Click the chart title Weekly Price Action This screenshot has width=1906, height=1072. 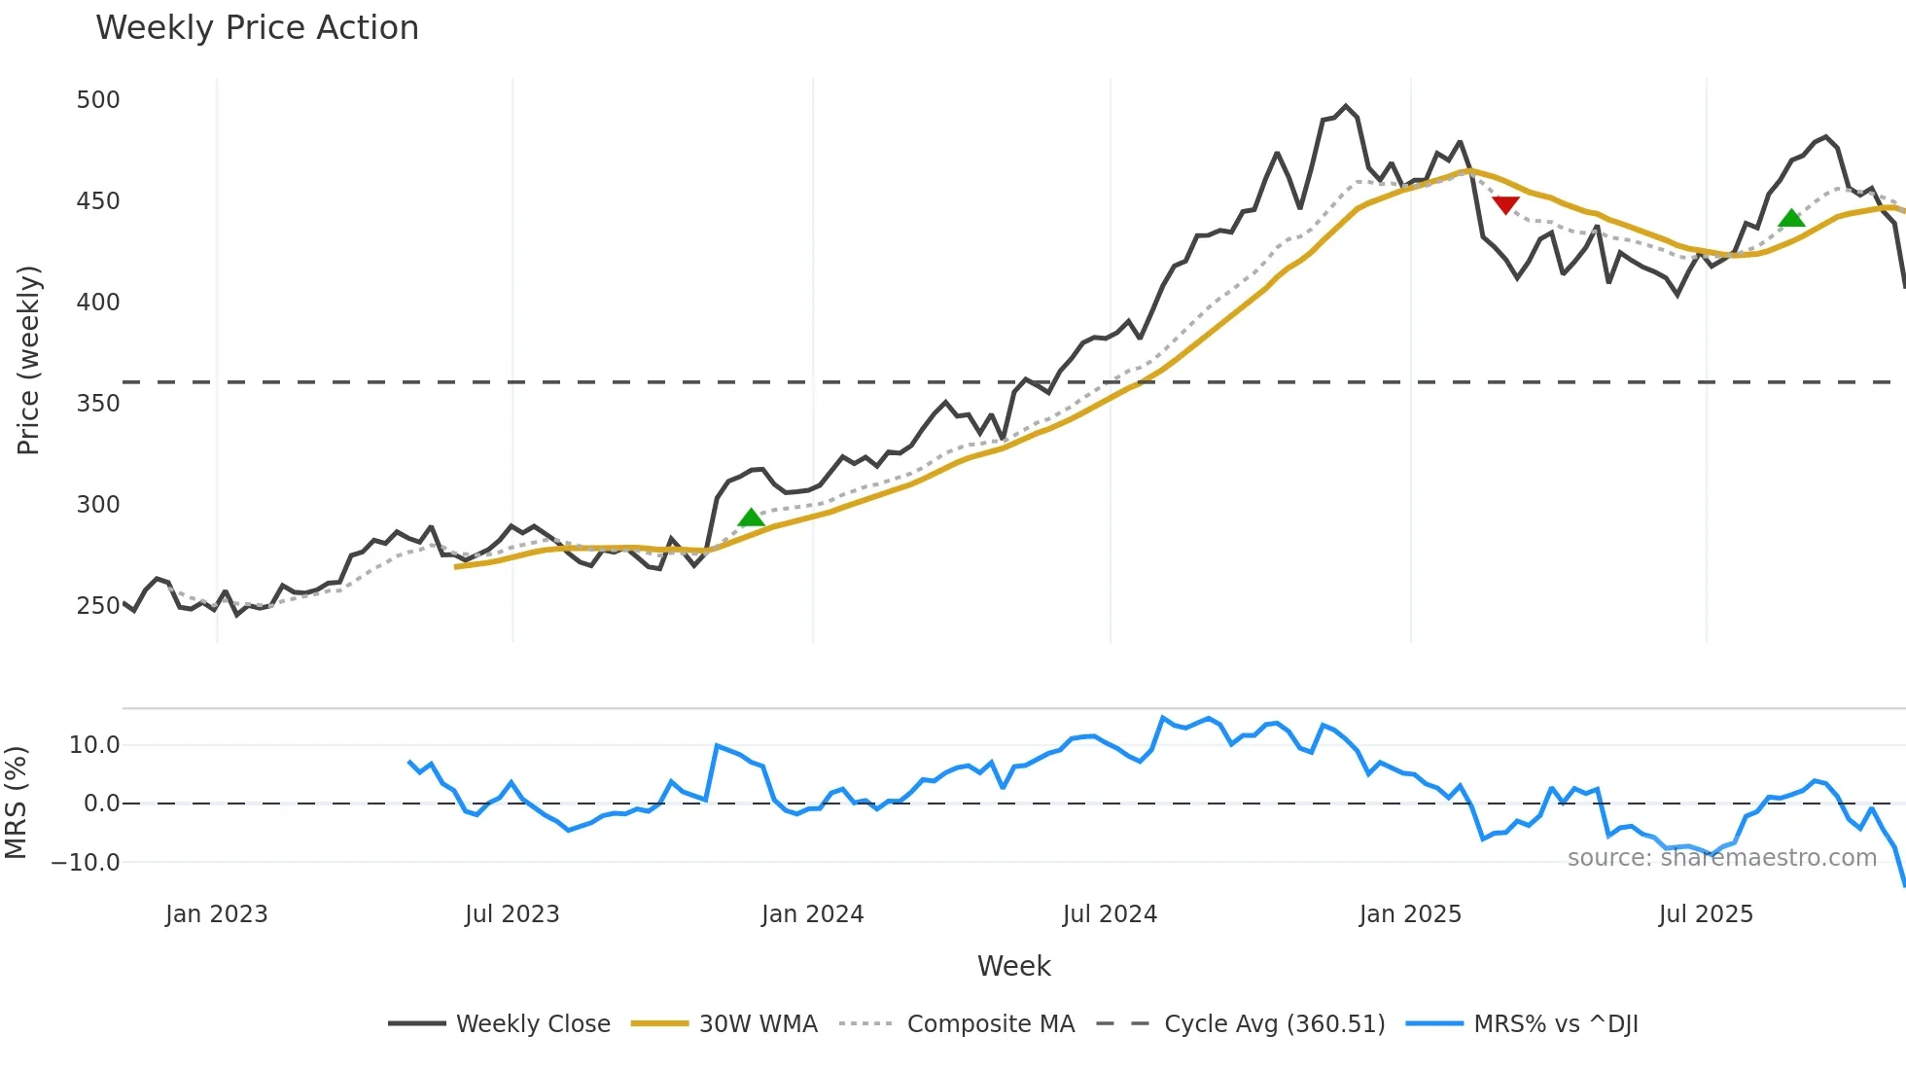coord(257,28)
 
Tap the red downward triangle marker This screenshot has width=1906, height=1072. coord(1505,204)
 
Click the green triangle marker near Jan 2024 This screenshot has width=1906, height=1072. coord(751,518)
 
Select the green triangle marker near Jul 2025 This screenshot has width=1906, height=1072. coord(1791,218)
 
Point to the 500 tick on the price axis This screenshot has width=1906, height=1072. coord(98,100)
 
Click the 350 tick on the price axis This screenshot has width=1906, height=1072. coord(98,404)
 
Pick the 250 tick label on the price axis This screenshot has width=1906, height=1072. coord(98,606)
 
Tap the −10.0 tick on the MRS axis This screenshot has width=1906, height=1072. coord(86,863)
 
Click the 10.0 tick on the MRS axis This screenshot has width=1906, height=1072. coord(94,745)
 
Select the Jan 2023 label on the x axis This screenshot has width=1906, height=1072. coord(216,914)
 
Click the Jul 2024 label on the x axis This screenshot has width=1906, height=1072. coord(1110,914)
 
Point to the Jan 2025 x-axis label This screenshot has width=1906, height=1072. coord(1410,914)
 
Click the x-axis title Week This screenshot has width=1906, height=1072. coord(1013,966)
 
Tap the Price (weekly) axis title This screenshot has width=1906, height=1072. coord(28,360)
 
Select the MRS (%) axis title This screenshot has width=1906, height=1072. coord(16,803)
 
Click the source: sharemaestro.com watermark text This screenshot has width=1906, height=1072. coord(1721,858)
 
